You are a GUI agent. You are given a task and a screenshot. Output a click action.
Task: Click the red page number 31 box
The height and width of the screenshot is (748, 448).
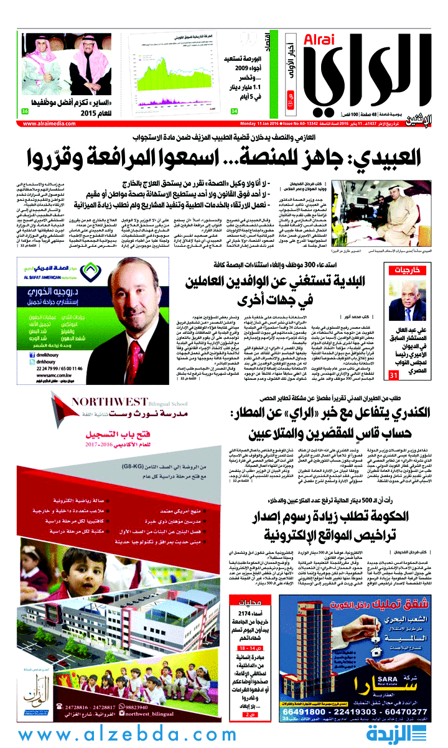(x=393, y=376)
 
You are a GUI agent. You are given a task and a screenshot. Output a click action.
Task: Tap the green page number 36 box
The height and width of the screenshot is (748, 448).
(x=25, y=111)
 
